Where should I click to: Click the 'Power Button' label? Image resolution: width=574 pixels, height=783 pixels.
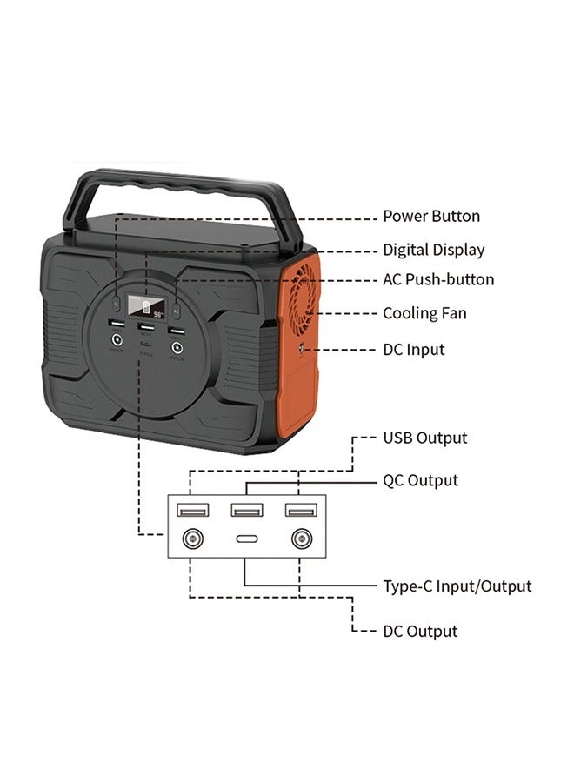pos(431,217)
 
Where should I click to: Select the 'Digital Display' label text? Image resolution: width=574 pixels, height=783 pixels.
pos(434,251)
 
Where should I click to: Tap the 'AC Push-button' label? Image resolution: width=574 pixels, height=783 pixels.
pos(438,280)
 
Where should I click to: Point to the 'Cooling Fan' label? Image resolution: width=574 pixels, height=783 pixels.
pos(424,313)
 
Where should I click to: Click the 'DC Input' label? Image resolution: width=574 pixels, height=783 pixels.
pos(414,350)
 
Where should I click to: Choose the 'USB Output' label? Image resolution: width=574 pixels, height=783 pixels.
pos(425,438)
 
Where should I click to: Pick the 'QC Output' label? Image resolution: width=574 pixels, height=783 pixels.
pos(421,480)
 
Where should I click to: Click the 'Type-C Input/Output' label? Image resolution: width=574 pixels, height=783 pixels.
pos(457,586)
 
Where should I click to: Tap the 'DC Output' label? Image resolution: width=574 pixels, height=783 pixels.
pos(420,632)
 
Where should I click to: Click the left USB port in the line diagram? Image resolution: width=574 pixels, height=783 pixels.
pos(190,509)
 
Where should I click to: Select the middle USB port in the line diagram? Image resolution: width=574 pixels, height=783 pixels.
pos(246,509)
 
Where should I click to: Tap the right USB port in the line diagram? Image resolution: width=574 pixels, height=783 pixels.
pos(300,509)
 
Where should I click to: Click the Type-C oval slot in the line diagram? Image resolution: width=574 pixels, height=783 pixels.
pos(246,539)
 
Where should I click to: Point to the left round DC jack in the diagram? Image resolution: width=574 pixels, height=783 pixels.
pos(190,539)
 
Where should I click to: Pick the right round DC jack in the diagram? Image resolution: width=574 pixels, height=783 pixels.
pos(301,539)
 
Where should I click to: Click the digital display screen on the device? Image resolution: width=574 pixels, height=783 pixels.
pos(146,306)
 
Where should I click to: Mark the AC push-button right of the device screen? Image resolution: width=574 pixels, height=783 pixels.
pos(176,308)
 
